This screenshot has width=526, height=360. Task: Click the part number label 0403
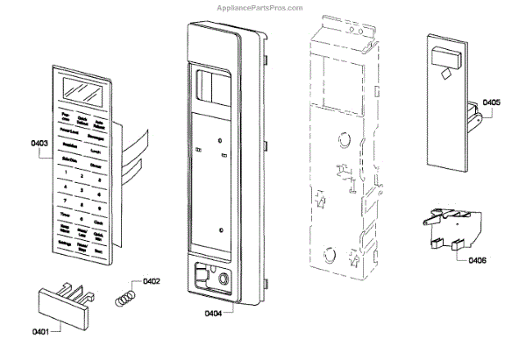coord(39,142)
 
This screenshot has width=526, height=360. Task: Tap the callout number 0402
coord(151,281)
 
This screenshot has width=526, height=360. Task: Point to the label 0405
coord(491,102)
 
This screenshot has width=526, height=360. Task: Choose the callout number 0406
coord(479,260)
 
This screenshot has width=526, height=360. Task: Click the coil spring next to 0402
coord(128,296)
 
